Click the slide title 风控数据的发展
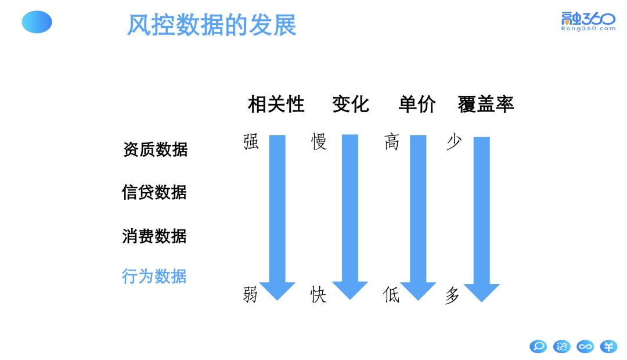(212, 25)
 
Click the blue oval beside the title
(37, 22)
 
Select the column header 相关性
(276, 105)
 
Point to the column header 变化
(351, 105)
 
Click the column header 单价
(417, 105)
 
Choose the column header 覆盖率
(486, 105)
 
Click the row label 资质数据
(155, 149)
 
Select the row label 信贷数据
(154, 192)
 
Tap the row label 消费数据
(154, 236)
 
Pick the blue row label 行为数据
(154, 276)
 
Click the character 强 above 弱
(251, 142)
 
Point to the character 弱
(250, 295)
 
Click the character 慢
(319, 142)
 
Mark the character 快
(319, 295)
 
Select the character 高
(392, 142)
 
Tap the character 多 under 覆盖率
(452, 296)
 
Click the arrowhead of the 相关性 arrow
(278, 290)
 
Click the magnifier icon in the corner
(538, 347)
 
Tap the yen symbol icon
(608, 347)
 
